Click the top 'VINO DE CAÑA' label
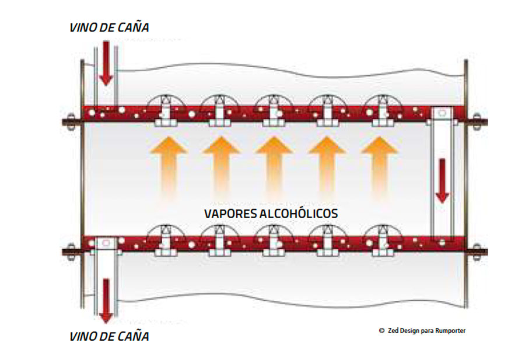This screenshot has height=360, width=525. coord(109,27)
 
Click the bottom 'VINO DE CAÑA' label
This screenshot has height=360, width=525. coord(109,336)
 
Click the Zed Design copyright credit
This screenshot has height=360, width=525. coord(422,331)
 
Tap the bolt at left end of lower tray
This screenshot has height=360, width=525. coord(69,252)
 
